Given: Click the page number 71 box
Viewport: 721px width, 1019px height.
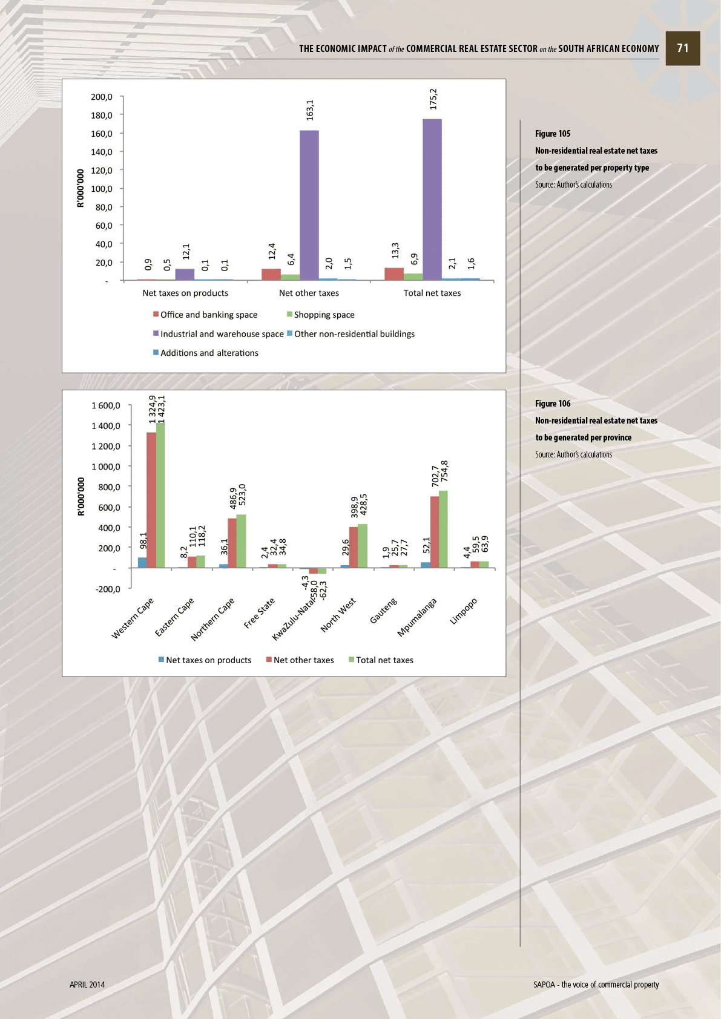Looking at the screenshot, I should pos(683,48).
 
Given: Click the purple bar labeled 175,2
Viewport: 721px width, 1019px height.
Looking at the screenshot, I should pos(432,199).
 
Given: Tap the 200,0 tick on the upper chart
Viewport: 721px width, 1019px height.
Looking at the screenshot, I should pos(102,97).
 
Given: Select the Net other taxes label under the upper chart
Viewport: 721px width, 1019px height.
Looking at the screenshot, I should pos(309,293).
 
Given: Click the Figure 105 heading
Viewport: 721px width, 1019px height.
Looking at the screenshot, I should pos(553,134).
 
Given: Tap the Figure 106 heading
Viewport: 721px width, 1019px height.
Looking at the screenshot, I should pos(553,404).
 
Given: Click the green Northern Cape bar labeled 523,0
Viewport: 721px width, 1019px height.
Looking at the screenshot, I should pos(242,541).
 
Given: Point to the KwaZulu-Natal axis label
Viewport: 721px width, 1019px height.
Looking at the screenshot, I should pos(294,620).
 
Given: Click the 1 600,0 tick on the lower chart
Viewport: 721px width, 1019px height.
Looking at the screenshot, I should pos(106,405).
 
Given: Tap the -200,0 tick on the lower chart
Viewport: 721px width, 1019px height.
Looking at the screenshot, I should pos(108,589).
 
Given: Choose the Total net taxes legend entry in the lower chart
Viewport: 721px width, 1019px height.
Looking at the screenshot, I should pos(384,660).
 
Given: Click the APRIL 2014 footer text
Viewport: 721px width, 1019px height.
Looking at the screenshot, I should pos(87,985).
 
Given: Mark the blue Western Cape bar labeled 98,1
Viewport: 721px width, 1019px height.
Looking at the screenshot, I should pos(142,562).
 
